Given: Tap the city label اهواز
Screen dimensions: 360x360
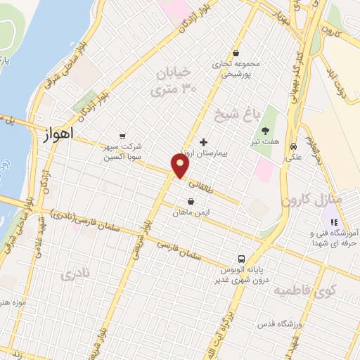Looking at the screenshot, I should (x=58, y=132).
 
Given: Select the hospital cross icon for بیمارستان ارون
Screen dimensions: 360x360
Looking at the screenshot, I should (x=204, y=141).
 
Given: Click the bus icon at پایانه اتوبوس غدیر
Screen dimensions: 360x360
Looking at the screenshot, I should (x=241, y=258).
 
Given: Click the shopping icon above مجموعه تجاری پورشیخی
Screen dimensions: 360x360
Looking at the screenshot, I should (x=236, y=52).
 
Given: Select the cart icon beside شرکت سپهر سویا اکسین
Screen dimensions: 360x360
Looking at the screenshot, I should (x=123, y=136).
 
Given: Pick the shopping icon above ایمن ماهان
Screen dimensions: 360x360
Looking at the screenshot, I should (x=191, y=200).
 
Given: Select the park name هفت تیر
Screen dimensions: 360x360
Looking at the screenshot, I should (x=267, y=141).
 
